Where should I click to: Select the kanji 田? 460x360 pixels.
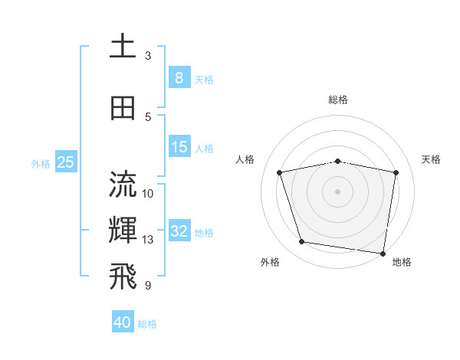coord(123,108)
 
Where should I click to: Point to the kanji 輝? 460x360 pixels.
coord(123,231)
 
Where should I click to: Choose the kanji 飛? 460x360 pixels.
coord(123,278)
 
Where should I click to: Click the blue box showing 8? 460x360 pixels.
coord(179,78)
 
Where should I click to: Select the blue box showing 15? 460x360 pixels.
coord(179,147)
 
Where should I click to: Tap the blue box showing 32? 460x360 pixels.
coord(179,231)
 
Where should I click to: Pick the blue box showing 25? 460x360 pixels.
coord(66,162)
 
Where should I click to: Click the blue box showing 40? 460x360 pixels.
coord(123,322)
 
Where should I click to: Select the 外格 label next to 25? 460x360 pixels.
coord(41,163)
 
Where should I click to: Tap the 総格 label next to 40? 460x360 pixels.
coord(147,324)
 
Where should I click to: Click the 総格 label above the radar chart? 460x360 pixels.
coord(338,100)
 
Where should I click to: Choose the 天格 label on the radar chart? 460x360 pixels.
coord(432,159)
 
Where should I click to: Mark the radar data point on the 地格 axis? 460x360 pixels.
coord(382,253)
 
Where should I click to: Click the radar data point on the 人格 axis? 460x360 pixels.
coord(280,172)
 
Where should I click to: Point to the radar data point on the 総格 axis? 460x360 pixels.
coord(338,161)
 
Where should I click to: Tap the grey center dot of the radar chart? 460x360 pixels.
coord(338,191)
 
